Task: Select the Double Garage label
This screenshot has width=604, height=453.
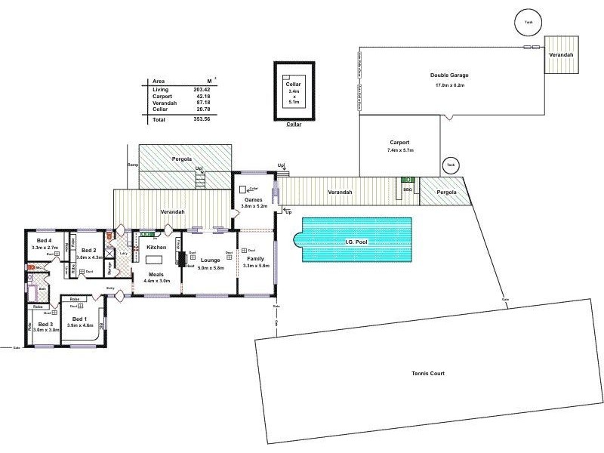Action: click(x=450, y=75)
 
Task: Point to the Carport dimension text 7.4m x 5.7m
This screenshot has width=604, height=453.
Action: click(x=399, y=150)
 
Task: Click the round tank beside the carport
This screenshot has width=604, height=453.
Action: click(x=451, y=165)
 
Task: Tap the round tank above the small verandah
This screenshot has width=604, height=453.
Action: click(x=526, y=22)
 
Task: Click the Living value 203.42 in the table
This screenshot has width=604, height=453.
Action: click(x=200, y=90)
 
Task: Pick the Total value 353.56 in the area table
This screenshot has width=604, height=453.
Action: click(x=200, y=119)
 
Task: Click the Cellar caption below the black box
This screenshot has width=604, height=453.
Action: click(x=294, y=125)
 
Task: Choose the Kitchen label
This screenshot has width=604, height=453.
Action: click(x=156, y=247)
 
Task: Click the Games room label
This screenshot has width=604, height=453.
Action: click(x=253, y=199)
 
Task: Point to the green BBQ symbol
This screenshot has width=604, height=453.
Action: click(x=408, y=180)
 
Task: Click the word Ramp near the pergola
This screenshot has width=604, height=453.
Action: click(x=133, y=164)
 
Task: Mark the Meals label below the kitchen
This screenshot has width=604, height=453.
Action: click(x=157, y=274)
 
